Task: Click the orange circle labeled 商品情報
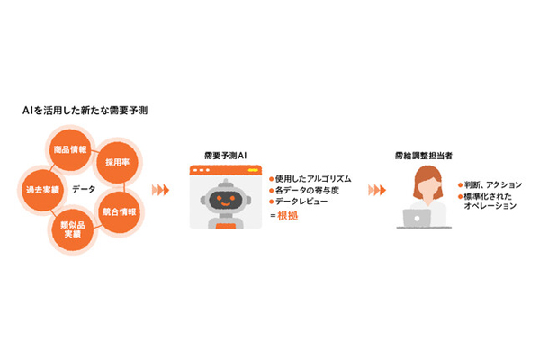point(69,150)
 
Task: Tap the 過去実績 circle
point(41,190)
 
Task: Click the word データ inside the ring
point(84,190)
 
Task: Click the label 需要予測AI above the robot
point(225,155)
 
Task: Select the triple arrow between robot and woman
point(377,191)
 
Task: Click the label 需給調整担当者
point(420,155)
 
